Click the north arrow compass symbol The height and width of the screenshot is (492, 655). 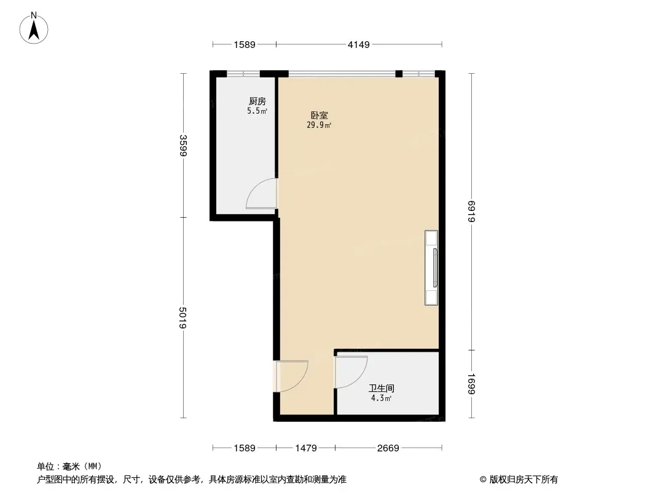pyautogui.click(x=34, y=28)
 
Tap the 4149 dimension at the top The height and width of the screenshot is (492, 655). pyautogui.click(x=359, y=44)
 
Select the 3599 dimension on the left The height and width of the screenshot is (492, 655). pyautogui.click(x=183, y=146)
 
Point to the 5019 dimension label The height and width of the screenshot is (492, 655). pyautogui.click(x=183, y=318)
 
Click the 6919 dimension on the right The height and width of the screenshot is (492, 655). pyautogui.click(x=471, y=212)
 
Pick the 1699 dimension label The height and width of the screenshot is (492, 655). pyautogui.click(x=471, y=384)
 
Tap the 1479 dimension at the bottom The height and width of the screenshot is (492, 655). pyautogui.click(x=306, y=448)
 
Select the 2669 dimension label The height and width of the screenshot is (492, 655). pyautogui.click(x=388, y=448)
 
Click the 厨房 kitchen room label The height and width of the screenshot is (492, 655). pyautogui.click(x=257, y=101)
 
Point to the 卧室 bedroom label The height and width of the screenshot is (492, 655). pyautogui.click(x=319, y=116)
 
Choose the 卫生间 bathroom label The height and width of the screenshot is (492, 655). pyautogui.click(x=382, y=388)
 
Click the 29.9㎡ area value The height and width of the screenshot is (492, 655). pyautogui.click(x=319, y=125)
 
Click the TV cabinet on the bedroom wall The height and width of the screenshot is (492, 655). pyautogui.click(x=431, y=268)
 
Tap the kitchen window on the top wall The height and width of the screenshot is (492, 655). pyautogui.click(x=243, y=74)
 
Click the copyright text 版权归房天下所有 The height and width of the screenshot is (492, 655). pyautogui.click(x=524, y=480)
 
